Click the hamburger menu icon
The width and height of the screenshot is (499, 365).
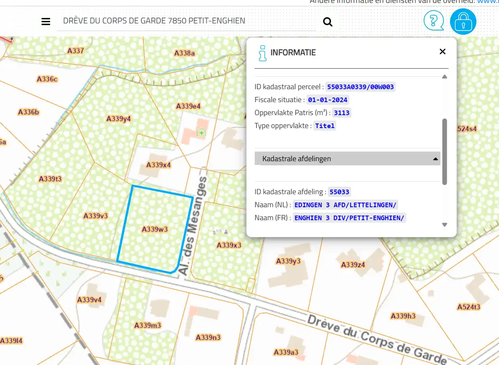click(46, 22)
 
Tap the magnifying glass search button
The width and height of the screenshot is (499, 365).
click(328, 22)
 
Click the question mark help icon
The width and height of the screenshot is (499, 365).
click(434, 21)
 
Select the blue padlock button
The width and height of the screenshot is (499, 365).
click(463, 21)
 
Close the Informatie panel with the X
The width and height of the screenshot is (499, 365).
click(443, 51)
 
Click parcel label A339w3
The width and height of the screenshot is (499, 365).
click(155, 229)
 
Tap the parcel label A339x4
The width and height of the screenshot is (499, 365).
click(159, 165)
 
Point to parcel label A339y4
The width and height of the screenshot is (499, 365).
click(119, 118)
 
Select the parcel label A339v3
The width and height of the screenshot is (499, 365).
click(96, 216)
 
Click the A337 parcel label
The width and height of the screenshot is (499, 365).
click(76, 51)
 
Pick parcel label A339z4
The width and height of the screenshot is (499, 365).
click(353, 265)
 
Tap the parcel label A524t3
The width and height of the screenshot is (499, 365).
click(469, 307)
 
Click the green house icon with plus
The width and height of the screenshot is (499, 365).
click(202, 133)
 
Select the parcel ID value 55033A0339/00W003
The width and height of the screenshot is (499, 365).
click(361, 87)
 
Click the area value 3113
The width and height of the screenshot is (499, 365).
click(342, 113)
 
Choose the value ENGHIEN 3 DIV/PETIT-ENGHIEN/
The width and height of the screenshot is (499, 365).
click(349, 218)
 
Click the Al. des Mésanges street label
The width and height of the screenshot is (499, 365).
click(193, 226)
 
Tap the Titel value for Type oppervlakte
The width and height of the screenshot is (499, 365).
click(325, 126)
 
